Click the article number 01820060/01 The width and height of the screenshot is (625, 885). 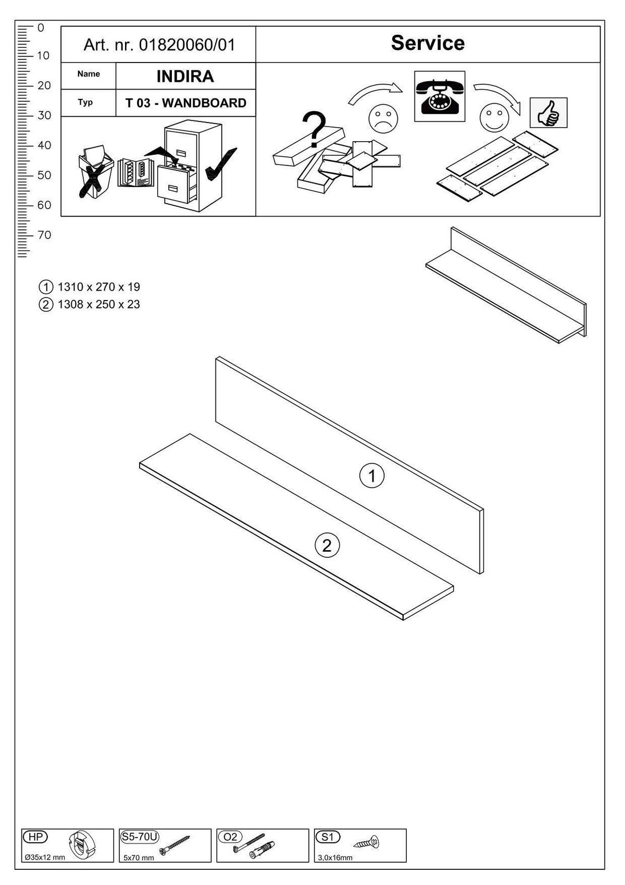point(187,45)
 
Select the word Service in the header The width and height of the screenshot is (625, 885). point(428,43)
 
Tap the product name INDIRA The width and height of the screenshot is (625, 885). point(185,77)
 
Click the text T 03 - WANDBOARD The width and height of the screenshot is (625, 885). point(185,103)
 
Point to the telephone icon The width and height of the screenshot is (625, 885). point(440,97)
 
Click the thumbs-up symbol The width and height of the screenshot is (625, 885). point(548,113)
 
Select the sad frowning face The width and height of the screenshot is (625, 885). point(383,118)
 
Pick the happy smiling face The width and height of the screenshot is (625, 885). point(494,119)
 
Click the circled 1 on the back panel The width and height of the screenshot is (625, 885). point(372,476)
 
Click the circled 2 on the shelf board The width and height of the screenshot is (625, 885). point(327,545)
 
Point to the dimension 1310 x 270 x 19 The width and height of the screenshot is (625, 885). point(98,287)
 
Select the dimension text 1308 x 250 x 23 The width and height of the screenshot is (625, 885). point(98,305)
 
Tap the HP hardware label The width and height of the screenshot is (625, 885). point(35,837)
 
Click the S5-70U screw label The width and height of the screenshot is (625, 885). point(139,837)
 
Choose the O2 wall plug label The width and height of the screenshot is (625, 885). point(230,837)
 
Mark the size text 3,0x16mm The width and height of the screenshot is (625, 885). point(335,857)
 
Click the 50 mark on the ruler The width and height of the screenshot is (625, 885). point(44,175)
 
